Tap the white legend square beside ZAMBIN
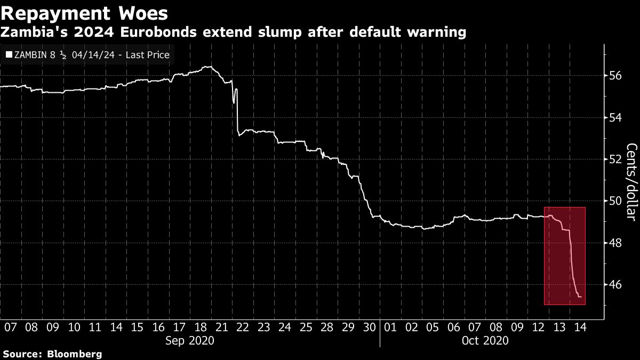point(8,55)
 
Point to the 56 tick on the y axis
point(616,76)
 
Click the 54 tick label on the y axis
point(616,117)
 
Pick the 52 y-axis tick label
point(616,159)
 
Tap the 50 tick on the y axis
point(616,201)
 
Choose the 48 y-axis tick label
point(616,243)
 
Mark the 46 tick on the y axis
point(616,285)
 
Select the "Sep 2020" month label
point(190,340)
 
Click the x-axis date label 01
point(390,327)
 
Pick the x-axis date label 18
point(200,327)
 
